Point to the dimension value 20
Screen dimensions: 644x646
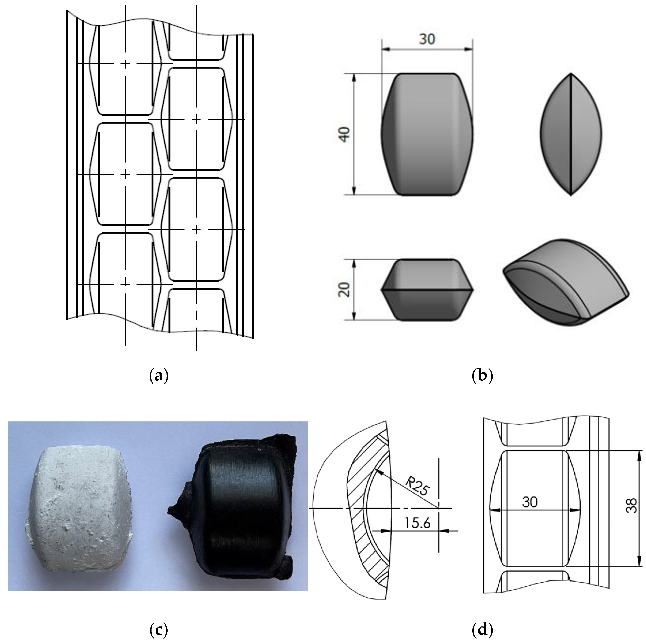pyautogui.click(x=344, y=290)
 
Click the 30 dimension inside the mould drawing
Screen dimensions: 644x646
pyautogui.click(x=530, y=502)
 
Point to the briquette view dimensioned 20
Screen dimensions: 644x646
pyautogui.click(x=427, y=290)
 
